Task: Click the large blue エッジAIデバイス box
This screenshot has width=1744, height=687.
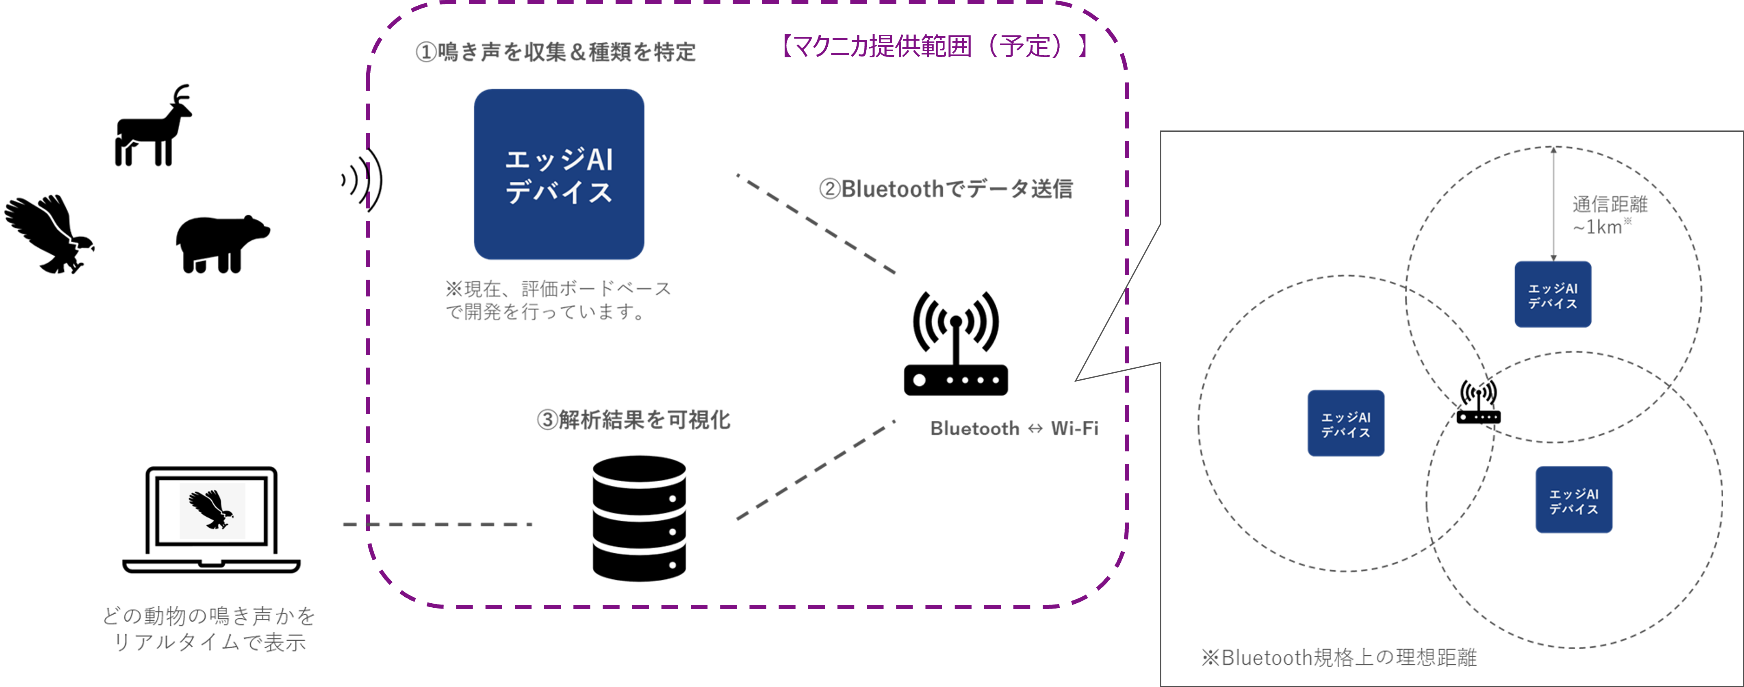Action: tap(559, 174)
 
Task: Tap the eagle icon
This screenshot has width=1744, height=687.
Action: tap(212, 511)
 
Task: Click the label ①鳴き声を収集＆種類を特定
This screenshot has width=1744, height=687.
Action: tap(555, 52)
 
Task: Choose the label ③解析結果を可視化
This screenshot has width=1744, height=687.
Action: tap(633, 420)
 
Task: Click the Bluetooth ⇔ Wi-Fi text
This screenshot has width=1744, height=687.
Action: tap(1013, 428)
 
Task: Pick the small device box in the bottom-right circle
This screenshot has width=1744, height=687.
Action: tap(1573, 500)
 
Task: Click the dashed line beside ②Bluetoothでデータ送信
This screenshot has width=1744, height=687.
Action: tap(816, 224)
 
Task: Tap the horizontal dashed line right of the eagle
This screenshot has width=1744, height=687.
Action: tap(437, 524)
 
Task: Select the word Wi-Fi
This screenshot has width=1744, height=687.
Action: tap(1074, 428)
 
